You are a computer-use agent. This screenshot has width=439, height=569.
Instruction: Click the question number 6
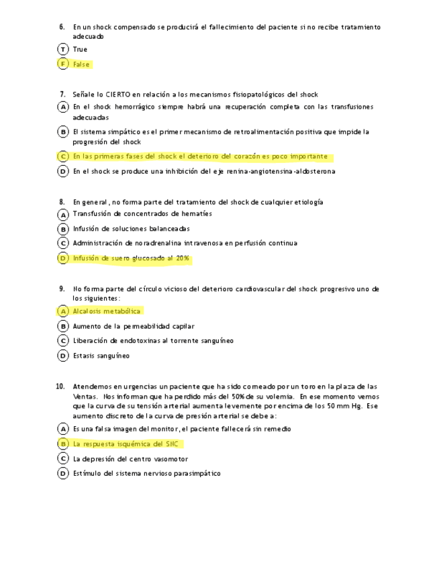tap(62, 27)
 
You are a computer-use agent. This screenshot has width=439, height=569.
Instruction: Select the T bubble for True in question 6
tap(63, 49)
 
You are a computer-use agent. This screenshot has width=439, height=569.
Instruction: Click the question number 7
tap(62, 95)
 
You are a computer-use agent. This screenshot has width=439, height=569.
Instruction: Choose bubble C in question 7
tap(63, 156)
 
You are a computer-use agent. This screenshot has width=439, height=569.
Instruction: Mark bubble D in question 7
tap(63, 171)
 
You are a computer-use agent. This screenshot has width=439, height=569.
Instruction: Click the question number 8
tap(62, 202)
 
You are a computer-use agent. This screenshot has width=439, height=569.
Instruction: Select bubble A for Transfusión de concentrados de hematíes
tap(63, 214)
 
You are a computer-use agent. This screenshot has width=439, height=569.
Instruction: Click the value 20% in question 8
tap(183, 258)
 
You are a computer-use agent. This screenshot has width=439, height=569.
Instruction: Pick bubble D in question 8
tap(63, 258)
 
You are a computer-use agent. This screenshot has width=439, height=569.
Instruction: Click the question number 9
tap(62, 289)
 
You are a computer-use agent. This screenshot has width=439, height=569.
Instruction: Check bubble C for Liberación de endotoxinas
tap(63, 341)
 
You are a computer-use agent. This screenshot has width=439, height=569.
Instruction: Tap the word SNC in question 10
tap(174, 444)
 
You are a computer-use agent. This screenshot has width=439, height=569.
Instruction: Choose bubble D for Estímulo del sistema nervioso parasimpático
tap(63, 474)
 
